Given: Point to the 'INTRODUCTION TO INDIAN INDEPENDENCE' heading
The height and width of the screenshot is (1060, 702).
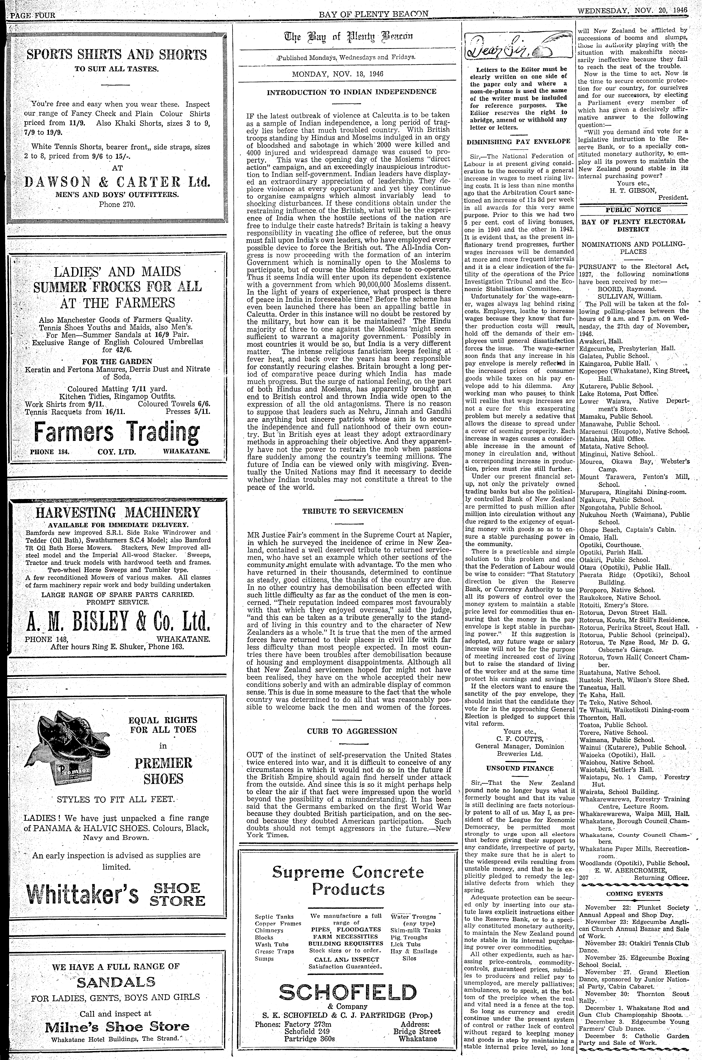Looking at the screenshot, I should point(351,92).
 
